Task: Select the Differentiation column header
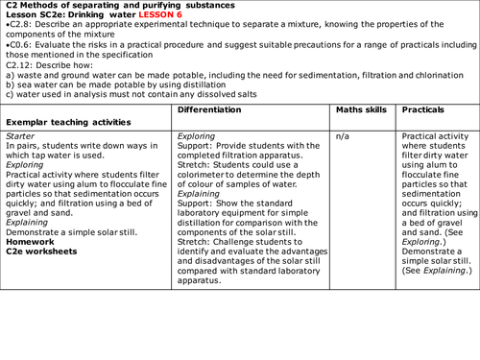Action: point(219,111)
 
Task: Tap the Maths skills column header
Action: point(360,111)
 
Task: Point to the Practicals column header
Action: point(423,111)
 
